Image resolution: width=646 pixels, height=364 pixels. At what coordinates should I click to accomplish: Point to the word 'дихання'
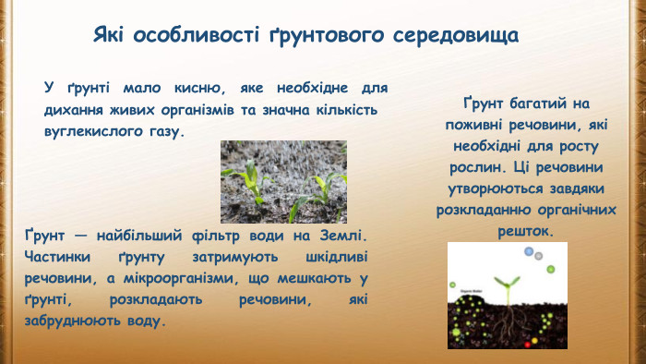pyautogui.click(x=78, y=110)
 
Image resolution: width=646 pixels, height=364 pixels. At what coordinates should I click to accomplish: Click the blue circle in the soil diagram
pyautogui.click(x=529, y=252)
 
